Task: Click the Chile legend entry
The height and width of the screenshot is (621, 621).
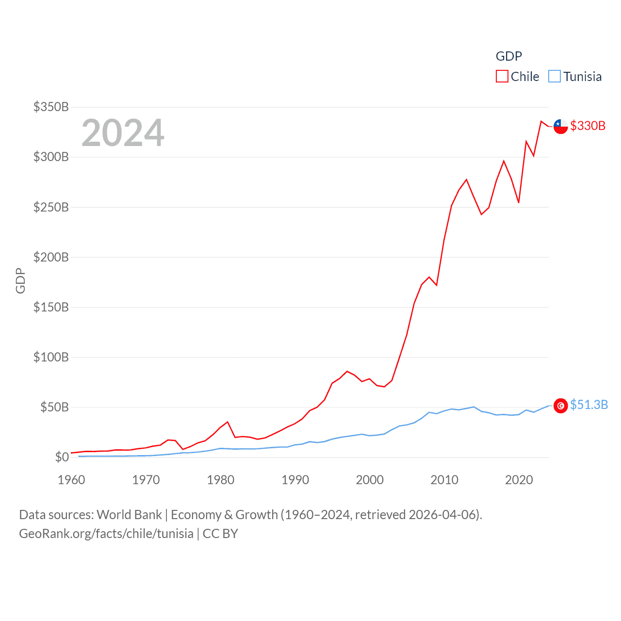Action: tap(518, 77)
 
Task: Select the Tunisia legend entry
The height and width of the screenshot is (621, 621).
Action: tap(575, 77)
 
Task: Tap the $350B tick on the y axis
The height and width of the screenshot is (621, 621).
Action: tap(51, 107)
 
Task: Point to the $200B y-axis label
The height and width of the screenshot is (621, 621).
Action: tap(51, 257)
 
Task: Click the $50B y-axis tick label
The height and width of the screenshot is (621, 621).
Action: tap(54, 407)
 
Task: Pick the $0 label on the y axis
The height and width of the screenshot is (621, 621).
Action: tap(62, 457)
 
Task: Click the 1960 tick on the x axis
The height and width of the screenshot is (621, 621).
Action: tap(71, 480)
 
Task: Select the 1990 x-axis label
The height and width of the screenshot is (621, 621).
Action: tap(295, 480)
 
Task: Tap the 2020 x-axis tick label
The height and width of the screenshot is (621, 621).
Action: tap(519, 480)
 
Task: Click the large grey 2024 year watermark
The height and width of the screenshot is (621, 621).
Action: tap(123, 133)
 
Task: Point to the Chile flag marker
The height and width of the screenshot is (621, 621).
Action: tap(561, 126)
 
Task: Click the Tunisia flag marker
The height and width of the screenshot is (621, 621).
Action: tap(561, 406)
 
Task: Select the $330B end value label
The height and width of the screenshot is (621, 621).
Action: tap(588, 126)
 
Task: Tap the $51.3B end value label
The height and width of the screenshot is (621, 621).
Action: tap(589, 405)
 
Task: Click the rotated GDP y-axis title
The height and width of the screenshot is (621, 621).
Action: tap(20, 280)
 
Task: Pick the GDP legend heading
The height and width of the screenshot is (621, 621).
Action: tap(508, 56)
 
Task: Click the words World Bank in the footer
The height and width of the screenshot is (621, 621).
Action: tap(129, 515)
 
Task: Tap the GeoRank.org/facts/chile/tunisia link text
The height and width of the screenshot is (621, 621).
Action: tap(106, 534)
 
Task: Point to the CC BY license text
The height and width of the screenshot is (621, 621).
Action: tap(220, 534)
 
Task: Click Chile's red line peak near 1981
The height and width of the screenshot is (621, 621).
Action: tap(228, 422)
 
